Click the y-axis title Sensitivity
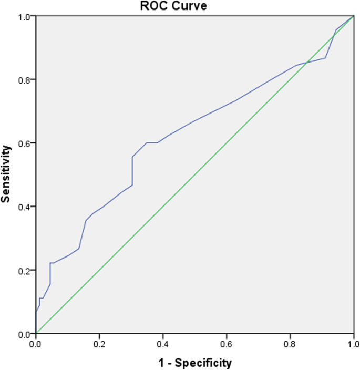tap(6, 175)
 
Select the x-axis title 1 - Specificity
tap(195, 362)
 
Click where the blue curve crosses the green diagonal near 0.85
tap(307, 63)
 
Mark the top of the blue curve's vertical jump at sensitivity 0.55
tap(132, 157)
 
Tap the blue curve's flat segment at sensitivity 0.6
tap(152, 142)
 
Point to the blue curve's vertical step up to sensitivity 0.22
tap(50, 273)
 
